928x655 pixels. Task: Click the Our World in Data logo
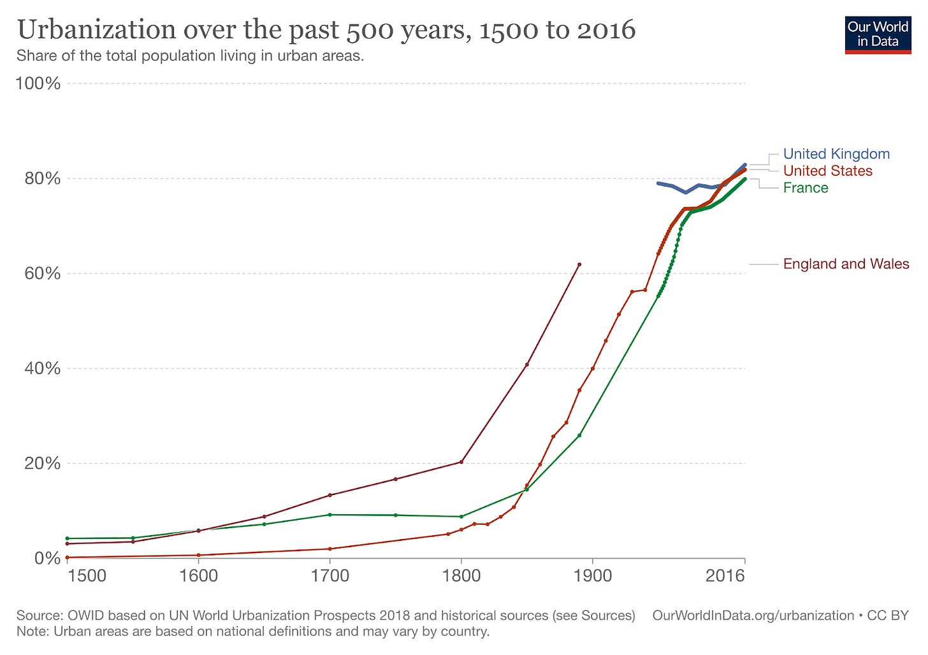click(x=878, y=34)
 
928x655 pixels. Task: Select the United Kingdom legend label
click(x=836, y=154)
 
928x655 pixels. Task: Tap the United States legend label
click(x=827, y=171)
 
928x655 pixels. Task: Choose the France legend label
click(x=806, y=188)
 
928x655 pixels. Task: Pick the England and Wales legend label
click(x=846, y=264)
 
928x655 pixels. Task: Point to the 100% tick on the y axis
click(x=38, y=83)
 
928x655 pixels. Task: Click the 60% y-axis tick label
click(x=42, y=273)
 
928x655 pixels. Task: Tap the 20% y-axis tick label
click(x=42, y=463)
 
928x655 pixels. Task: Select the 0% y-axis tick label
click(x=47, y=558)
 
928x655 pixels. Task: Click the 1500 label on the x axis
click(x=87, y=576)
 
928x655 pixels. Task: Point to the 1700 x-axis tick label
click(x=330, y=576)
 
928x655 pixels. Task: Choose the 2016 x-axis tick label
click(x=725, y=576)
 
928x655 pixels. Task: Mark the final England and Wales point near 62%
click(x=579, y=264)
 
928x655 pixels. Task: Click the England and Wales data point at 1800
click(x=461, y=462)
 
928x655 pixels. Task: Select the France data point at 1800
click(x=461, y=517)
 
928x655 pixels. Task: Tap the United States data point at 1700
click(x=330, y=549)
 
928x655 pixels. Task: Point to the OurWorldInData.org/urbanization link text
click(x=753, y=615)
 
